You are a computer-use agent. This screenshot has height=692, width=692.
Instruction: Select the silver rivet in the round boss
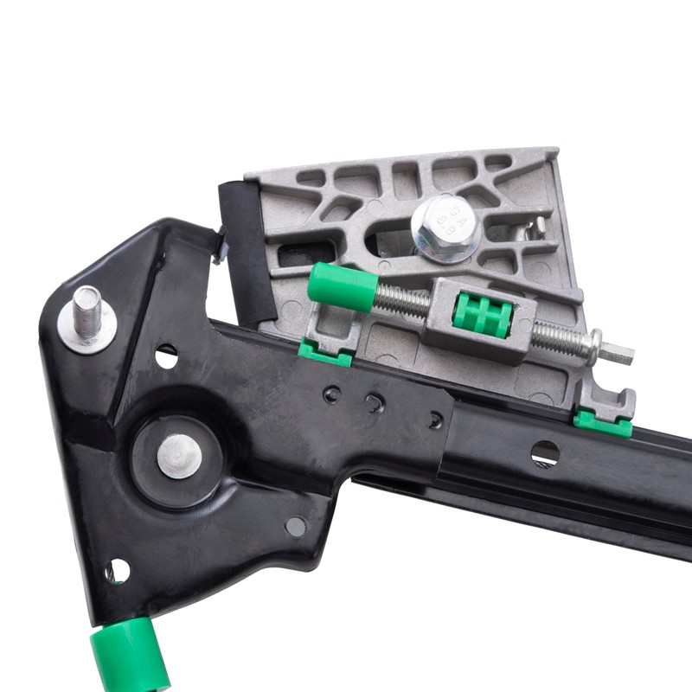coord(180,455)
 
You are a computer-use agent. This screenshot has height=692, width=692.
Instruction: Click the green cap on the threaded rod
coord(342,287)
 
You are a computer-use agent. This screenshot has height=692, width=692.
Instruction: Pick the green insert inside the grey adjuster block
coord(478,315)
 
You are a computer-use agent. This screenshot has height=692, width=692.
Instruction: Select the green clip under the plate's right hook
coord(602,423)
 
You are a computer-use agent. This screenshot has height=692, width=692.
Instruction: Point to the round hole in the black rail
coord(545,452)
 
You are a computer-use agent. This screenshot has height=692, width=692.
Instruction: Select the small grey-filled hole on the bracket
coord(296,526)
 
